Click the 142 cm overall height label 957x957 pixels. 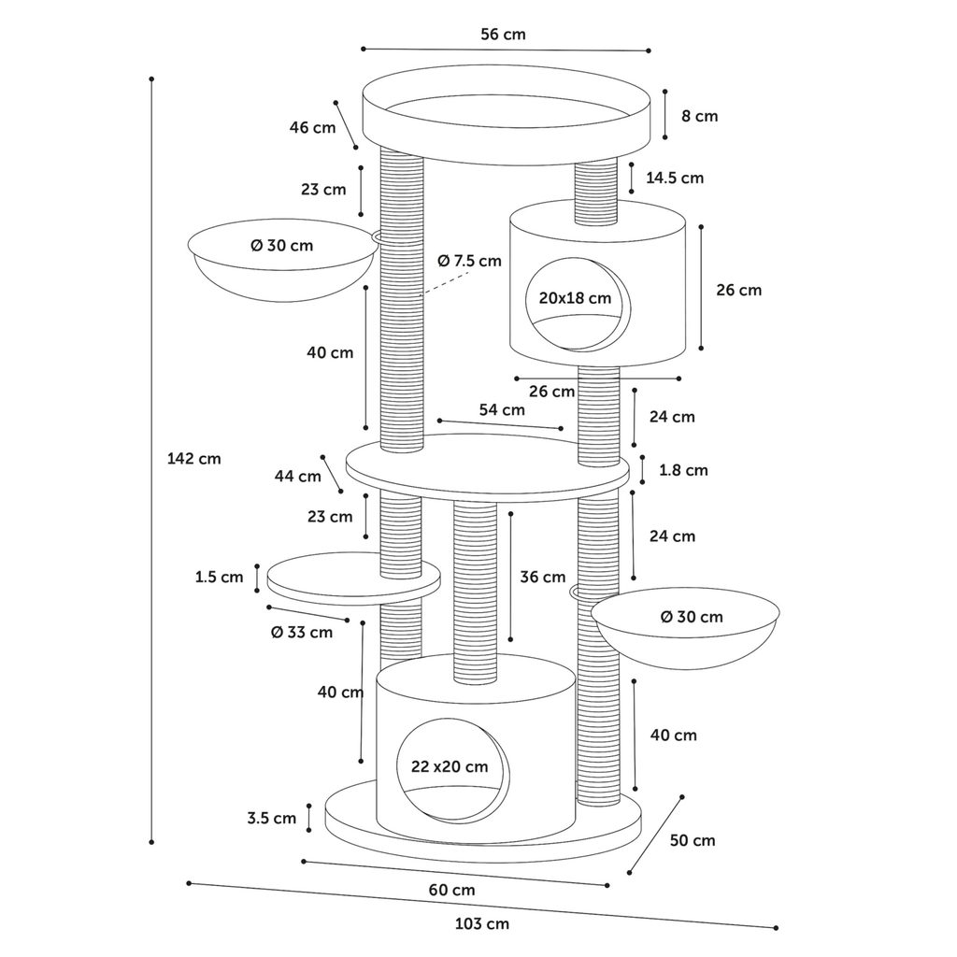[x=193, y=459]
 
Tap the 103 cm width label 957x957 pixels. [x=482, y=924]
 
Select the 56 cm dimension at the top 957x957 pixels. [x=503, y=35]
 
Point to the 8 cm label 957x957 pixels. [x=699, y=116]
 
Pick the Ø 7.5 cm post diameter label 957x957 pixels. [x=469, y=261]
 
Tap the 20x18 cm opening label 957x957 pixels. [x=575, y=298]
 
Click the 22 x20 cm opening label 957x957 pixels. [x=450, y=766]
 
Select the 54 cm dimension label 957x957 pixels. [x=502, y=409]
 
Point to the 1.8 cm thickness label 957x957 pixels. [x=683, y=470]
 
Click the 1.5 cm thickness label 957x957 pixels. [x=219, y=577]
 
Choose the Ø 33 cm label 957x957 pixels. [x=301, y=632]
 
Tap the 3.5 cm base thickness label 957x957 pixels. [x=271, y=818]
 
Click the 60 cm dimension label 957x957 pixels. [x=451, y=890]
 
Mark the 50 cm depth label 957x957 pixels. [x=693, y=840]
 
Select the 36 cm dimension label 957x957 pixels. [x=543, y=577]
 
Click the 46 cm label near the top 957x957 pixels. [x=311, y=127]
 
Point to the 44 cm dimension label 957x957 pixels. [x=297, y=476]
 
